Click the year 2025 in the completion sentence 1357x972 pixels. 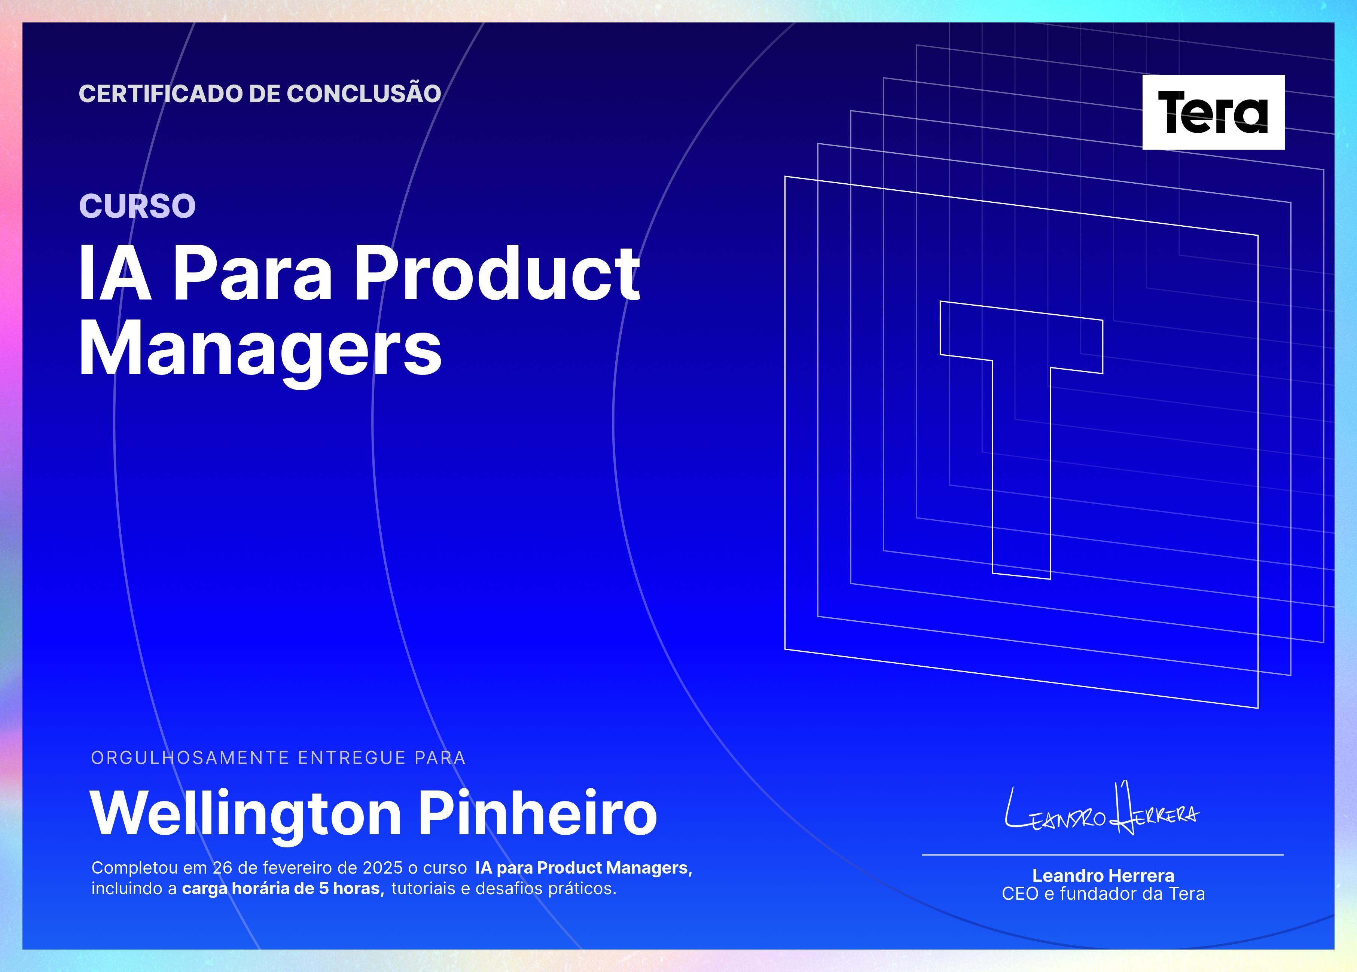[x=383, y=868]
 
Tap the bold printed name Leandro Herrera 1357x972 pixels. [x=1103, y=876]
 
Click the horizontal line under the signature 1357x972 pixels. [x=1103, y=855]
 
